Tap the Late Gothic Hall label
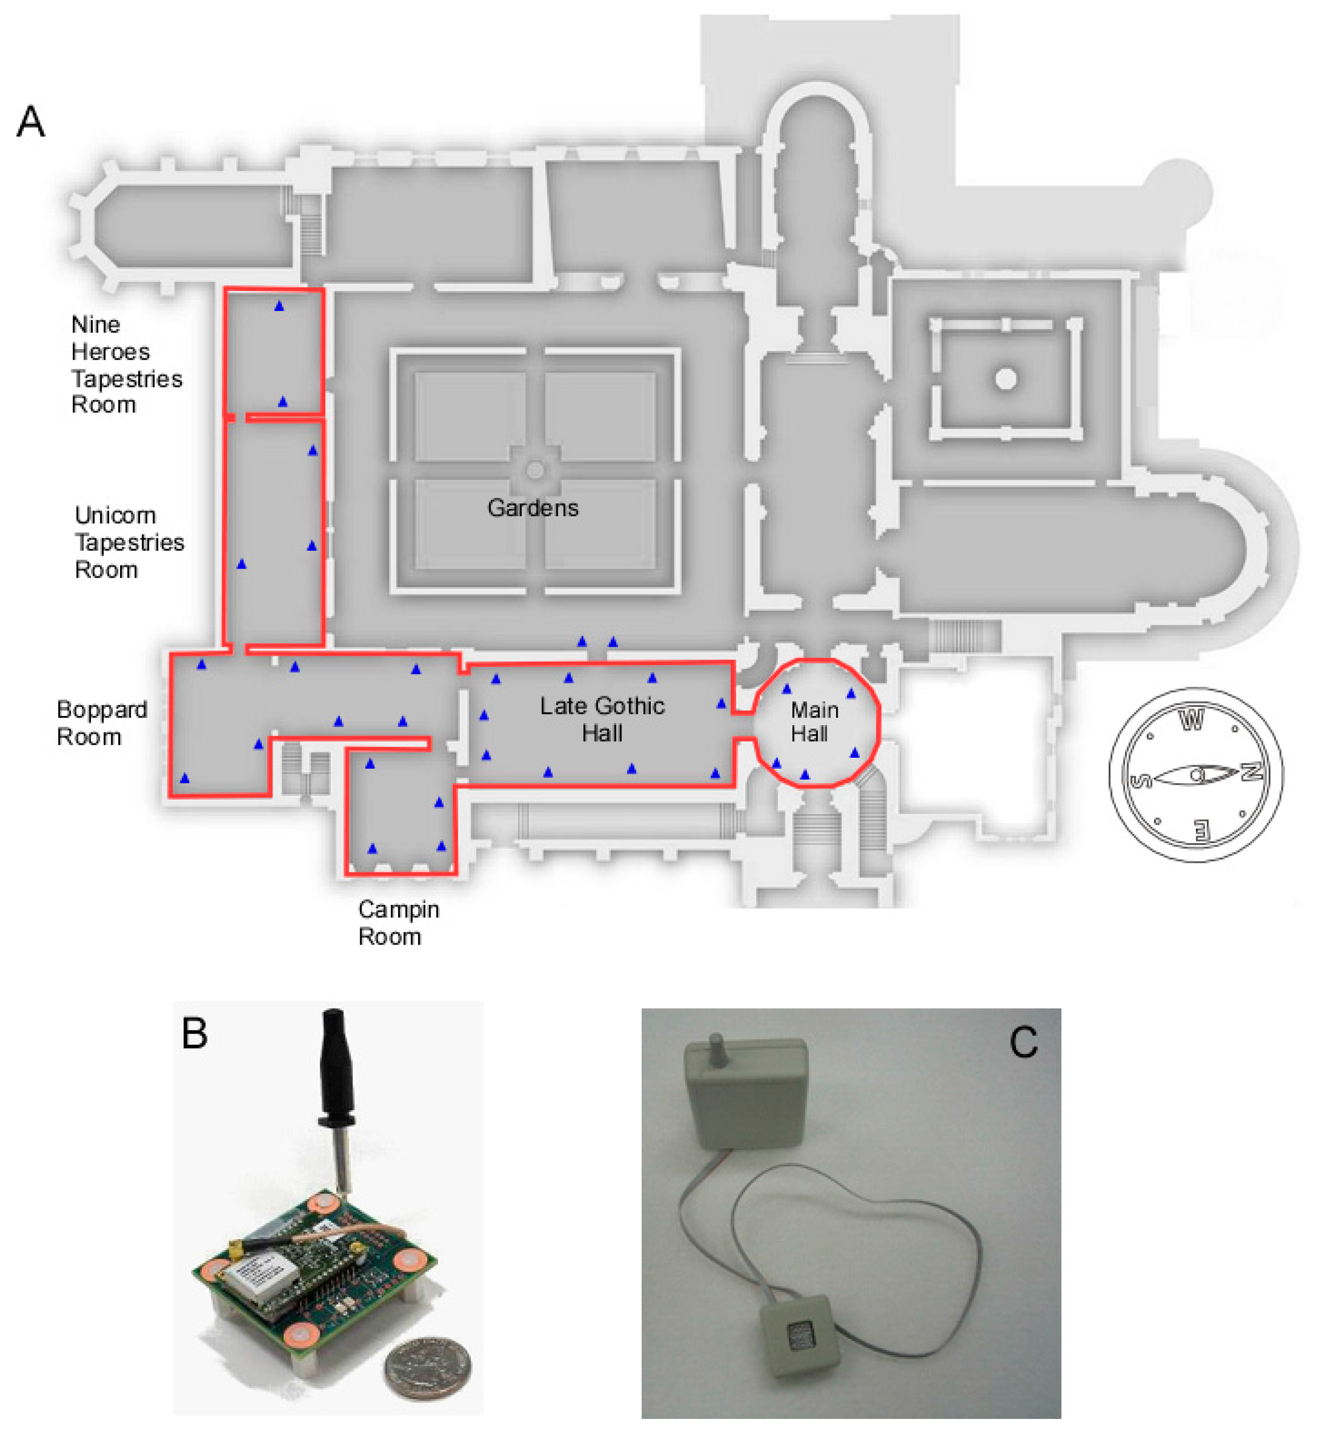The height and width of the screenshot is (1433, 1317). pyautogui.click(x=602, y=719)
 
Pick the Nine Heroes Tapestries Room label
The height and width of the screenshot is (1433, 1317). pyautogui.click(x=126, y=365)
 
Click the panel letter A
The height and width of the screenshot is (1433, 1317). pyautogui.click(x=31, y=122)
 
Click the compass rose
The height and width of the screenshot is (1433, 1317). pyautogui.click(x=1196, y=775)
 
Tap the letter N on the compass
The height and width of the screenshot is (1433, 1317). pyautogui.click(x=1252, y=772)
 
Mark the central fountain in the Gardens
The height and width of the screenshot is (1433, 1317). pyautogui.click(x=535, y=470)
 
